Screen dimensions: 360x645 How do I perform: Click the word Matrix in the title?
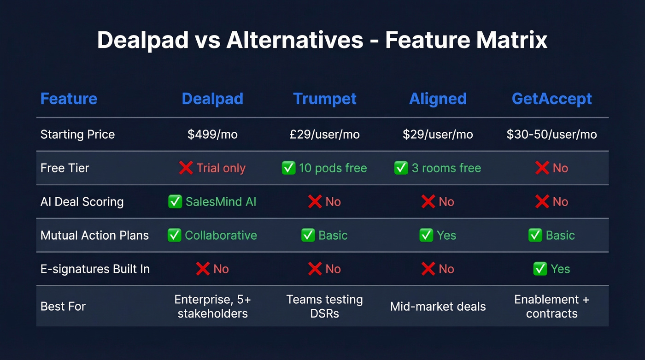512,40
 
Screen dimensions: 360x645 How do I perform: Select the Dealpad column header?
212,99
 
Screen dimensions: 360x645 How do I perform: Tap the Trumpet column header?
325,99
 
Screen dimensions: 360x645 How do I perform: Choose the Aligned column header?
438,99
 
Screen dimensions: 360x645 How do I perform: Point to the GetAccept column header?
552,99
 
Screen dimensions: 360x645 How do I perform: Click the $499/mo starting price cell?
212,135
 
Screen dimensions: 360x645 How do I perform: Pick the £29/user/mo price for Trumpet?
325,135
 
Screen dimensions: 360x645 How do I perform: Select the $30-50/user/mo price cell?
551,135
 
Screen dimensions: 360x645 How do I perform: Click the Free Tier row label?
65,168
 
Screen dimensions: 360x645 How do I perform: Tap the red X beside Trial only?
186,168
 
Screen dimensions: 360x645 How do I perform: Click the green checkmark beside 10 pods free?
288,168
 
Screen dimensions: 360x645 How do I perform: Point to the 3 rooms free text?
446,168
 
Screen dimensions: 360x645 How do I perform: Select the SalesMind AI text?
221,202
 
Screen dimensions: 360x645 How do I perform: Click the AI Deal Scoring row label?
82,202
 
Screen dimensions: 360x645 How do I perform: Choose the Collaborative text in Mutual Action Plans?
221,236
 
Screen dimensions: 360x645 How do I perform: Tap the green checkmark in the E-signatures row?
540,269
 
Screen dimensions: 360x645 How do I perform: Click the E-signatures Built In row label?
95,269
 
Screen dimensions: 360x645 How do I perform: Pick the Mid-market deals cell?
438,307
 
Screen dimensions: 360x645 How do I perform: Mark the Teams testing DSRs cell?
325,307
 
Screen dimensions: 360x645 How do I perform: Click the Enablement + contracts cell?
551,307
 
